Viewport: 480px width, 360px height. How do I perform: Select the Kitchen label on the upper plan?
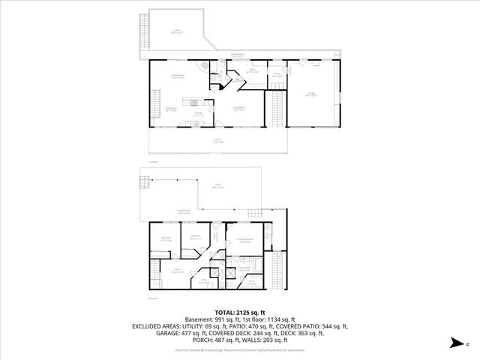coord(199,115)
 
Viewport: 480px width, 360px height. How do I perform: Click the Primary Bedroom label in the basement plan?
coord(244,239)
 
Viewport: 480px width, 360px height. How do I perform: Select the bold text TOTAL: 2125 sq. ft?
coord(240,311)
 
